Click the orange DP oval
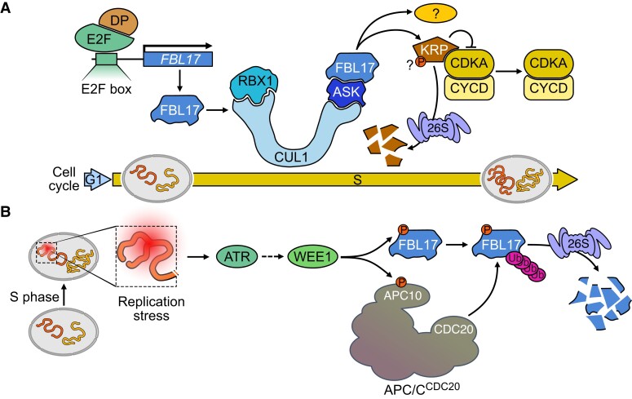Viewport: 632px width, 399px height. [119, 21]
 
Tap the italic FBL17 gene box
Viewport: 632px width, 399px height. [178, 60]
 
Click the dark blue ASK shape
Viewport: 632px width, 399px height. [347, 92]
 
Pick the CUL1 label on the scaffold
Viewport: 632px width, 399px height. [290, 157]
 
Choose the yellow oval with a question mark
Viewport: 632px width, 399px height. [435, 14]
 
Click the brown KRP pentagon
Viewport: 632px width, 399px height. [435, 49]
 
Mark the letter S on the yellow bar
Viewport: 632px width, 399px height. [357, 180]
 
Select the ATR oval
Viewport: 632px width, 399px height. [237, 256]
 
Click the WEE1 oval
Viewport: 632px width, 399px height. [314, 256]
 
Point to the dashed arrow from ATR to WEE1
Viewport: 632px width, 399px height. [272, 256]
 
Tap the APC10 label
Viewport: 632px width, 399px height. [403, 295]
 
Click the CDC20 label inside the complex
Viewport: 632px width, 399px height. [454, 330]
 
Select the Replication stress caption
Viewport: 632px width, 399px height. [151, 308]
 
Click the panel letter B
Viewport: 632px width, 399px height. [5, 212]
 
